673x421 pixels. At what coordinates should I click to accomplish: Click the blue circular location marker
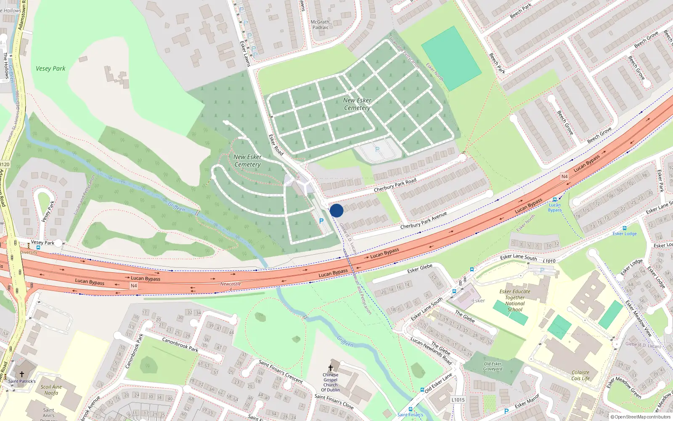pos(336,210)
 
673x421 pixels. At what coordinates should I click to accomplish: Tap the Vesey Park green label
pos(50,69)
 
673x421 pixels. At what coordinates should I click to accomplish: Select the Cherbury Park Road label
pos(395,185)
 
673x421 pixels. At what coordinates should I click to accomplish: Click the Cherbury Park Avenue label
pos(423,221)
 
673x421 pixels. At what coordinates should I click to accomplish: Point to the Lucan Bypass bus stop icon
pos(555,200)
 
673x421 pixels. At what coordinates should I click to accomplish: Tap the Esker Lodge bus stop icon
pos(625,228)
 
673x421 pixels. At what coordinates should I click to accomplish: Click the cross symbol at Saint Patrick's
pos(22,374)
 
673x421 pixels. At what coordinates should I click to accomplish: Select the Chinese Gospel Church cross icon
pos(331,368)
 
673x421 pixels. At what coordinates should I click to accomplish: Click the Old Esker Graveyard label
pos(493,366)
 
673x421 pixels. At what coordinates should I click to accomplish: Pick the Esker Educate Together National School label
pos(515,300)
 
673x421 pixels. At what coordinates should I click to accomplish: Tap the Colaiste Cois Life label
pos(580,375)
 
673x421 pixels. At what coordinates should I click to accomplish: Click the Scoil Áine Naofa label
pos(51,390)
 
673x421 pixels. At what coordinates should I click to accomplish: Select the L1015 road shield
pos(458,400)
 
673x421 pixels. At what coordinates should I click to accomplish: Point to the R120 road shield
pos(4,164)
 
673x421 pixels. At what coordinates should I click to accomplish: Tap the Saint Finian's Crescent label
pos(281,371)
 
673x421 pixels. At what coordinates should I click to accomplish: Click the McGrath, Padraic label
pos(321,24)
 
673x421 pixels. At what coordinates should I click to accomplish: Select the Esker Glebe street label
pos(420,269)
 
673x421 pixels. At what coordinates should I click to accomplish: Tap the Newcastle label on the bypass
pos(231,284)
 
